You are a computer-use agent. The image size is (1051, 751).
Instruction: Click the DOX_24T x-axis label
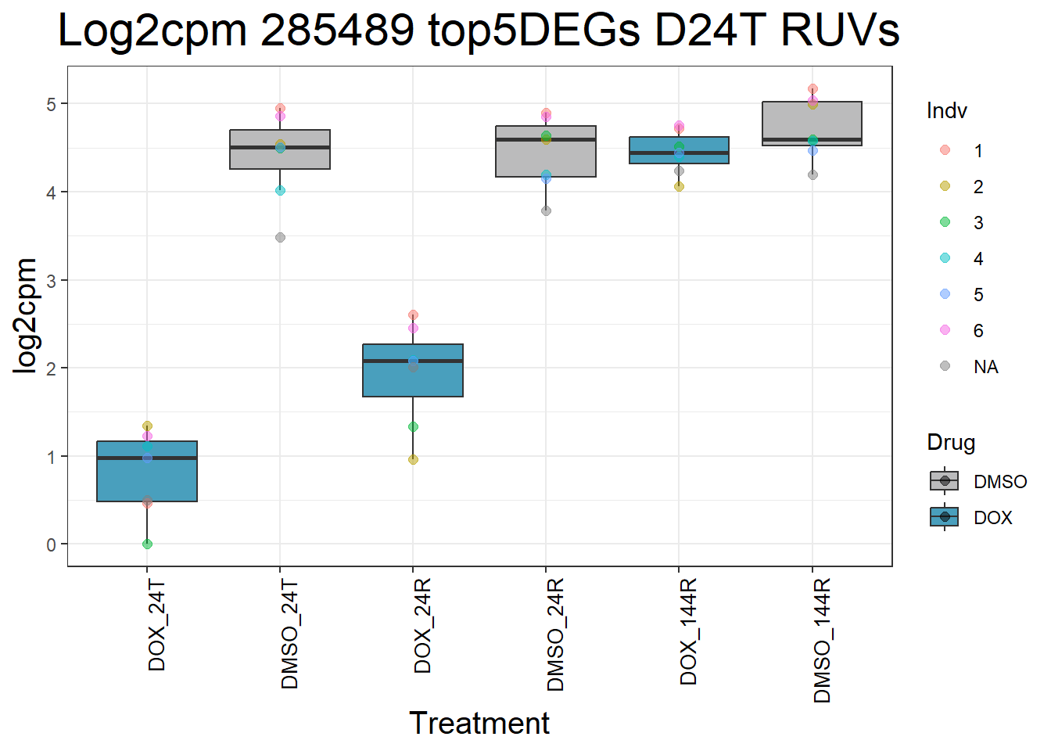157,625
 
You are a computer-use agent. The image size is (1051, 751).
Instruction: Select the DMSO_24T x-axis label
290,634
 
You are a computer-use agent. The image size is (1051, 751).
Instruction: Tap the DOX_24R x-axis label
423,627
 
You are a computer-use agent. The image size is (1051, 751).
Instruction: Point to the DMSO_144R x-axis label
822,641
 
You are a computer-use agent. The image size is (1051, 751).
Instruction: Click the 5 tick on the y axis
52,104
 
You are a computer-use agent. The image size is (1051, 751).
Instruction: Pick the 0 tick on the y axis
52,544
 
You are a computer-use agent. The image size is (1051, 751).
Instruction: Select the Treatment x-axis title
479,723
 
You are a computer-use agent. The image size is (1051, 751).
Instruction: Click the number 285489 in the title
337,31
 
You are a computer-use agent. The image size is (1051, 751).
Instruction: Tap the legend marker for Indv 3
945,222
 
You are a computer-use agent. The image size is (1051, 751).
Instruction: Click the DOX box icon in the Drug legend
945,517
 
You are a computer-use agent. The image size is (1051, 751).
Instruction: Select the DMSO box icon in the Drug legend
945,481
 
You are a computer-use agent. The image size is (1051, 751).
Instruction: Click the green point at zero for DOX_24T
147,544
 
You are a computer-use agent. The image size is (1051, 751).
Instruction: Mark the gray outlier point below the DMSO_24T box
280,237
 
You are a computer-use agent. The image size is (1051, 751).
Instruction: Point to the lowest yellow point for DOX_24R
413,459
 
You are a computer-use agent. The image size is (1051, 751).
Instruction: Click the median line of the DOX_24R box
413,361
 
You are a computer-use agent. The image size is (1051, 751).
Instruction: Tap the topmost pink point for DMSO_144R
812,89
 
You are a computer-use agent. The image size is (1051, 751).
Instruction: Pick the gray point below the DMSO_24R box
546,210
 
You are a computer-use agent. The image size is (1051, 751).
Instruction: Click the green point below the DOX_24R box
413,426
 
